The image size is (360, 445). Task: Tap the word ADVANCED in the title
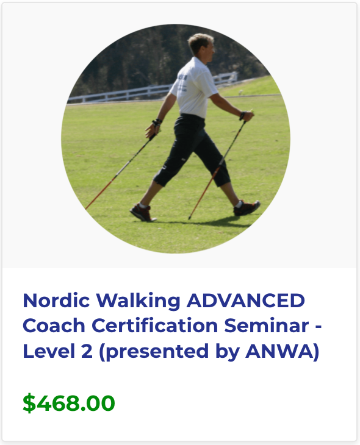click(x=245, y=301)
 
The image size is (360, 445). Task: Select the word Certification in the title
click(x=150, y=326)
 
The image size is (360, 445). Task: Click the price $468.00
click(x=69, y=403)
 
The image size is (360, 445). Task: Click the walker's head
click(x=201, y=45)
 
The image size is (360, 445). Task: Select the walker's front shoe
click(x=247, y=208)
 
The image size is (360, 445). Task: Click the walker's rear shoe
click(x=142, y=213)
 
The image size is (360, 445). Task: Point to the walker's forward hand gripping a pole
click(x=245, y=115)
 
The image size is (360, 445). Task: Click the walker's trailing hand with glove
click(x=153, y=128)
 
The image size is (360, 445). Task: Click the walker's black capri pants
click(x=192, y=146)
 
